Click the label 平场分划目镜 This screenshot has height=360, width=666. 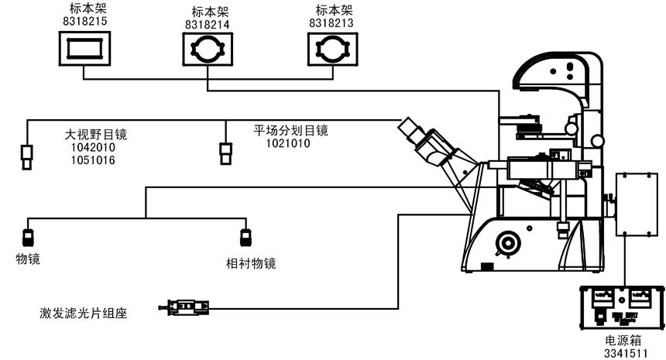tap(291, 130)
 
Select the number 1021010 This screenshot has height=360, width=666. tap(288, 143)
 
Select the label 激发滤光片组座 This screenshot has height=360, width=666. tap(83, 313)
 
